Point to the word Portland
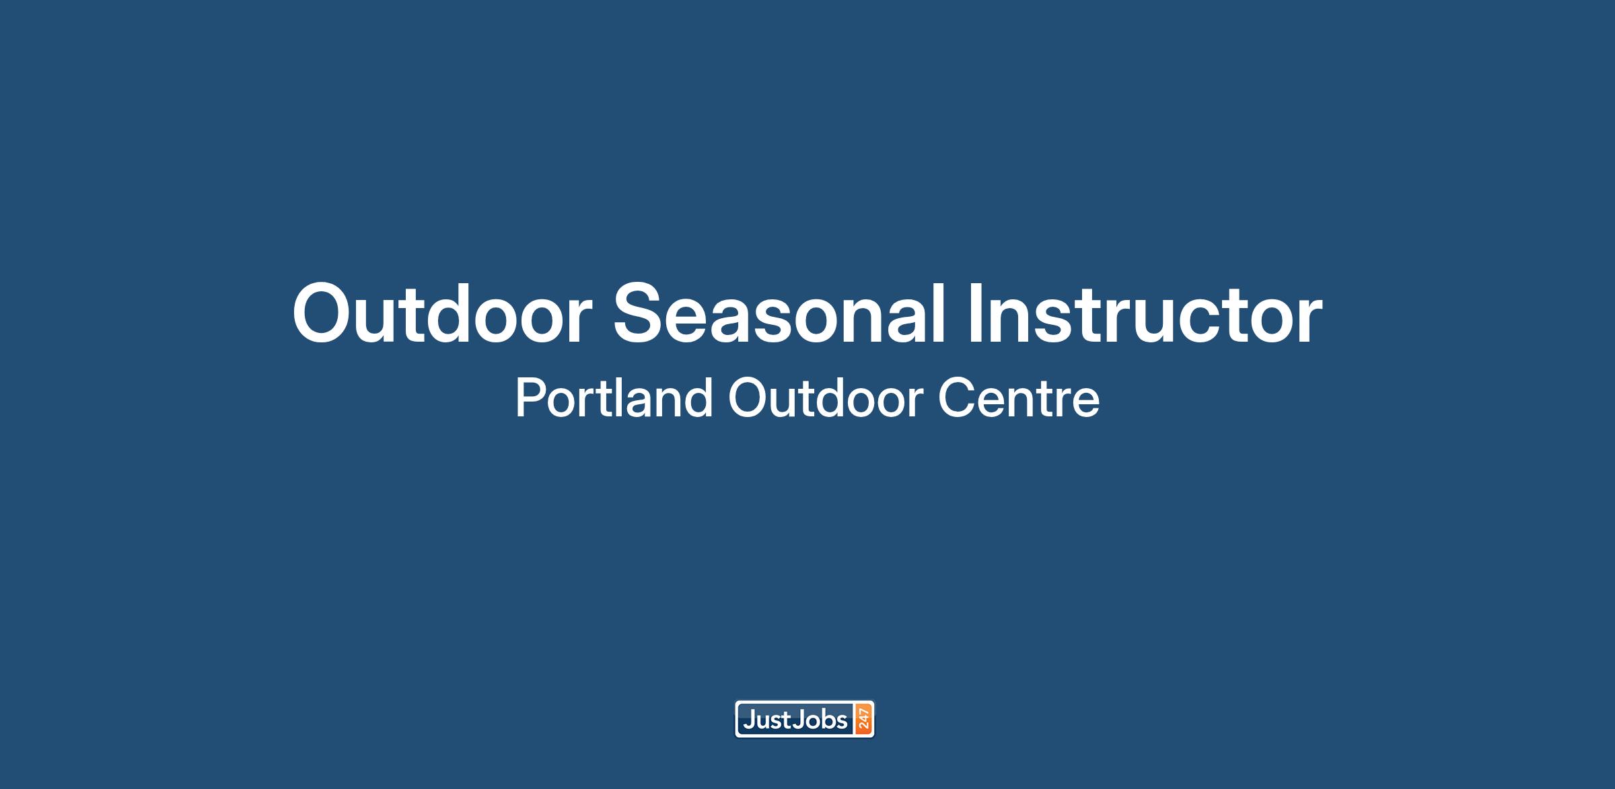coord(614,398)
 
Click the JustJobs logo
coord(805,720)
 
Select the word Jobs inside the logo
coord(821,720)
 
